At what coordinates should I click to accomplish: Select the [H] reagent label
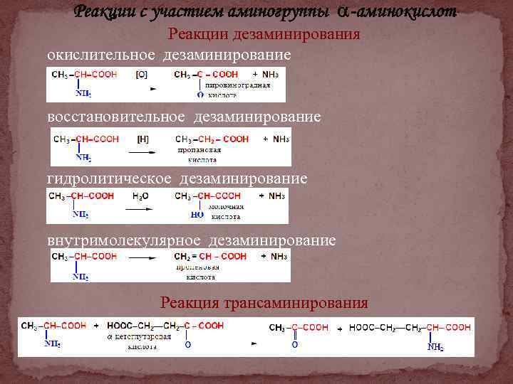(142, 139)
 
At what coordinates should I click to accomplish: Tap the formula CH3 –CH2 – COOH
(212, 139)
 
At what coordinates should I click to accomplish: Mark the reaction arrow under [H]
(143, 151)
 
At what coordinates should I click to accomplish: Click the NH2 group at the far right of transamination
(435, 348)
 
